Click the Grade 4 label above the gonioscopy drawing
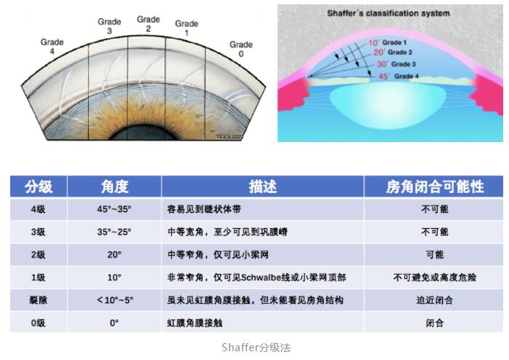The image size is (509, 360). [x=52, y=47]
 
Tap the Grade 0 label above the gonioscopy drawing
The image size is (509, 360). [x=241, y=49]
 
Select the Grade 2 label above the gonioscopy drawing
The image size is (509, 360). [x=149, y=24]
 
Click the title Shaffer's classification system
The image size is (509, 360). [x=389, y=13]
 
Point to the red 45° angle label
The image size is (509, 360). [x=383, y=76]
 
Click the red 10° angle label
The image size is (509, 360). [x=373, y=42]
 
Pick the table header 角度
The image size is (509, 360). [x=114, y=187]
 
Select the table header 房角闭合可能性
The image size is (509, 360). [x=435, y=187]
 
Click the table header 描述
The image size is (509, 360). [x=263, y=187]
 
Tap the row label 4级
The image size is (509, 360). [x=38, y=209]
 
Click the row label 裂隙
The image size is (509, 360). [x=38, y=300]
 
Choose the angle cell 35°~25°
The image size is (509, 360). [x=114, y=232]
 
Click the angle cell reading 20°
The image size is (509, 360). [x=114, y=254]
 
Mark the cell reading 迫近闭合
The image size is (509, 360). [x=435, y=300]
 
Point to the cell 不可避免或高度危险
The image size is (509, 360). [x=435, y=277]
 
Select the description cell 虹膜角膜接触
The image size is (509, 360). [x=194, y=323]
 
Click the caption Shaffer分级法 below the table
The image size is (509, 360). [x=256, y=348]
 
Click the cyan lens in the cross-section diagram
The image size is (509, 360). [x=388, y=105]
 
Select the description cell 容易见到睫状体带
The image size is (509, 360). [x=204, y=209]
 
